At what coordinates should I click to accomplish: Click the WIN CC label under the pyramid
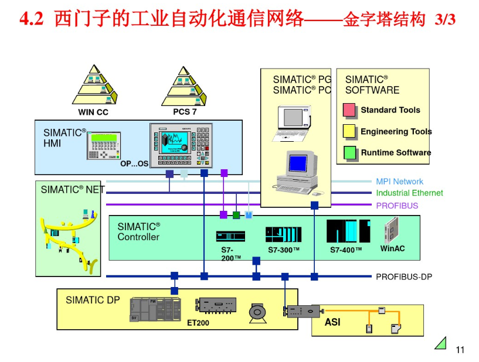pyautogui.click(x=93, y=112)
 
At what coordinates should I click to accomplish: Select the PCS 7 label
pyautogui.click(x=185, y=111)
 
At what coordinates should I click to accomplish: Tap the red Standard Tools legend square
pyautogui.click(x=349, y=110)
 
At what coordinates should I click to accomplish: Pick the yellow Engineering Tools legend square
pyautogui.click(x=349, y=131)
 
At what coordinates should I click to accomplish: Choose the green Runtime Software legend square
pyautogui.click(x=349, y=152)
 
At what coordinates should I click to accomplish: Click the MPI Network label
pyautogui.click(x=399, y=182)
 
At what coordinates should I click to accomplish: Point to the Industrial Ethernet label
pyautogui.click(x=409, y=193)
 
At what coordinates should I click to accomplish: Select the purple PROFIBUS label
pyautogui.click(x=397, y=206)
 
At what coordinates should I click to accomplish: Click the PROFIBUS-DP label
pyautogui.click(x=403, y=276)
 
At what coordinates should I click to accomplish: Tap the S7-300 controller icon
pyautogui.click(x=283, y=234)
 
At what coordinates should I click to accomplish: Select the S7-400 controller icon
pyautogui.click(x=348, y=231)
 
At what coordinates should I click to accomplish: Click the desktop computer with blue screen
pyautogui.click(x=297, y=171)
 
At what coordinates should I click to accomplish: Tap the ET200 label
pyautogui.click(x=198, y=323)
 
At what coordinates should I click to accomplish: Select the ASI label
pyautogui.click(x=332, y=322)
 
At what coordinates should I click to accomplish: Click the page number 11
pyautogui.click(x=460, y=350)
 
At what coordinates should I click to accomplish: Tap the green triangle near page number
pyautogui.click(x=441, y=343)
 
